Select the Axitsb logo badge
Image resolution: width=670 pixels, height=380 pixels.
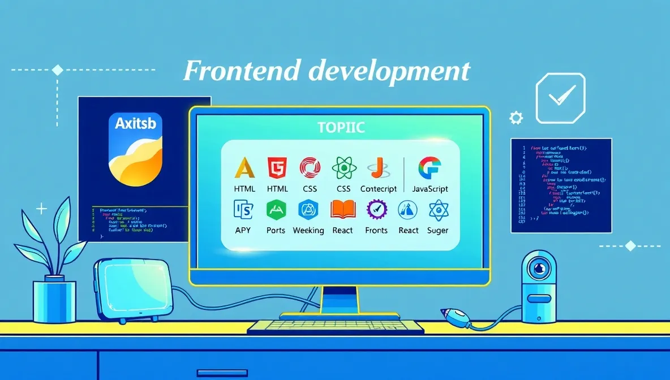pos(135,149)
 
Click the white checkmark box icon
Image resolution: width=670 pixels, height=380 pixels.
pos(560,99)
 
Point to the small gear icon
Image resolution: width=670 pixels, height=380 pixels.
pos(516,118)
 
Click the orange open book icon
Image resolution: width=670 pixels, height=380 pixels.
pos(342,210)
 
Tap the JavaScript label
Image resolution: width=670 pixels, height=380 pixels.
pos(422,189)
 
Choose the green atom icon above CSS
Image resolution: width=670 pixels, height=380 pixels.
pos(343,168)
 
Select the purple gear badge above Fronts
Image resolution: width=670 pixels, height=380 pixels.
pos(376,210)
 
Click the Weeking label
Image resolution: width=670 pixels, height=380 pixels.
pos(308,230)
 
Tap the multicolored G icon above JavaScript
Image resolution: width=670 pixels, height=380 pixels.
pos(430,168)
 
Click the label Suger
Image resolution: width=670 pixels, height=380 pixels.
pos(437,230)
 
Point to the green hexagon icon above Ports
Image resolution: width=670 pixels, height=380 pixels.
pos(276,210)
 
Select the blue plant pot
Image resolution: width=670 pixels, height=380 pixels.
pos(54,299)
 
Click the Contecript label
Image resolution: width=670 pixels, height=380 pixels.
pos(379,189)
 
